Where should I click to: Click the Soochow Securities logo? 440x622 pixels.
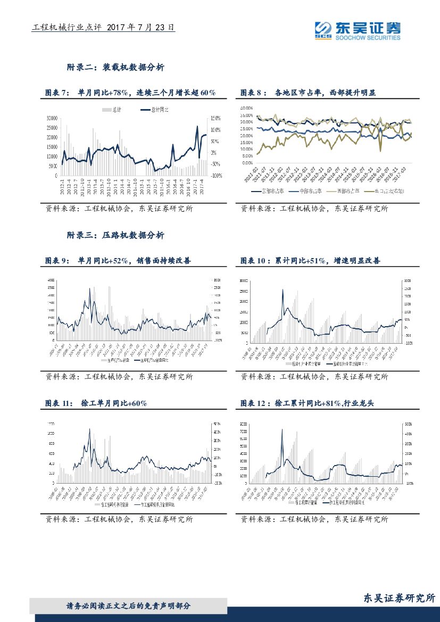[357, 30]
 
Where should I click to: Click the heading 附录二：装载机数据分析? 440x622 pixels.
[115, 68]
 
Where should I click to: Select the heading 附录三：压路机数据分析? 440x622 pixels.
[115, 235]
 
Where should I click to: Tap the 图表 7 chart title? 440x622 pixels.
[130, 93]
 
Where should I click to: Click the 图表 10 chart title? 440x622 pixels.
[310, 261]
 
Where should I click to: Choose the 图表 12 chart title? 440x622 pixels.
[307, 404]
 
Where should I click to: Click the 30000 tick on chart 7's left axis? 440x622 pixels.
[52, 118]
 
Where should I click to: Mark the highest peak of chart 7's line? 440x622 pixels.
[197, 127]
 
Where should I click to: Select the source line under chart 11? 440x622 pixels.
[119, 519]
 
